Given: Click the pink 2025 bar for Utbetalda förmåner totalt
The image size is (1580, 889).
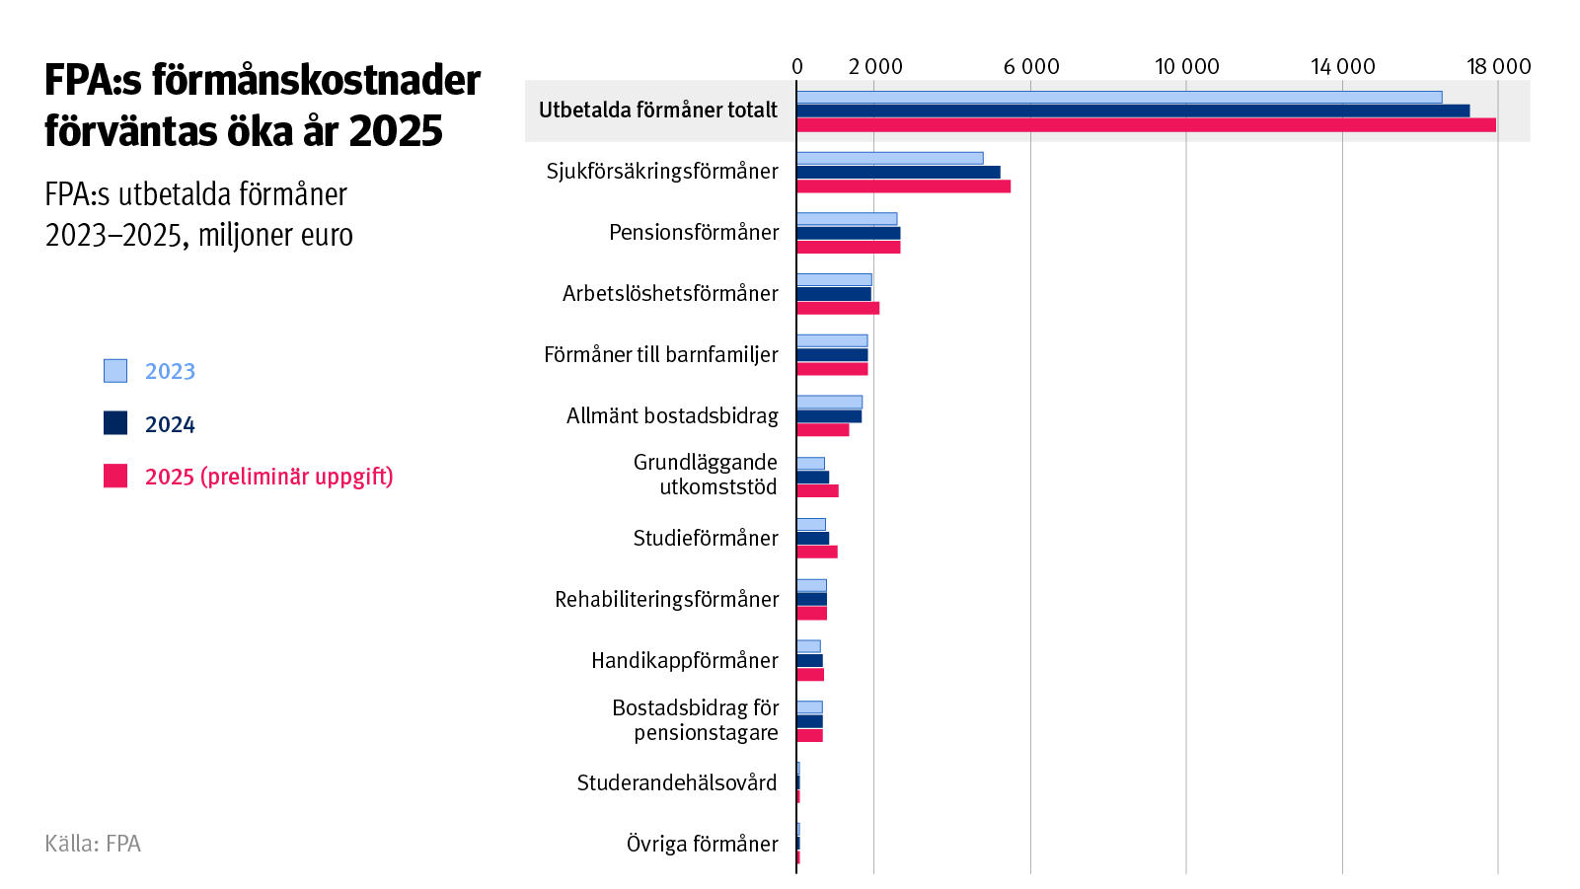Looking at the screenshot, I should point(1145,124).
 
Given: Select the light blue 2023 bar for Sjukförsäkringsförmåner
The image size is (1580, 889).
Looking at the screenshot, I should point(889,158).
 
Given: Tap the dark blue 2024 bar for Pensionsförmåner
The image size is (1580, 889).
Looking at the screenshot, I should point(848,233).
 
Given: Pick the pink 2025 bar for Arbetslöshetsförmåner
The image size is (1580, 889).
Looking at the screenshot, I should point(837,308).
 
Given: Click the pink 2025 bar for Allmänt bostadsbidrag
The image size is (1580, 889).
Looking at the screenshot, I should point(822,429).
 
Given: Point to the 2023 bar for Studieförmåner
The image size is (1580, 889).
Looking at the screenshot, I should point(810,524).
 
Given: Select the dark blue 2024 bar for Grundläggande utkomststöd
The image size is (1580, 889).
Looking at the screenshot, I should point(812,478).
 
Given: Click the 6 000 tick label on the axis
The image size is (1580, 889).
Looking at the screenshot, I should point(1030,66).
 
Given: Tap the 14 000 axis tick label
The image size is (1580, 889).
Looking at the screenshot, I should point(1342,66).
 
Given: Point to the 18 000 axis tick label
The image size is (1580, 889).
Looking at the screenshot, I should point(1497,66).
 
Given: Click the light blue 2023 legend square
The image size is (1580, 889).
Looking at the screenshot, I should point(115,371).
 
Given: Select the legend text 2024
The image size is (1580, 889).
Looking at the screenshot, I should point(170,424).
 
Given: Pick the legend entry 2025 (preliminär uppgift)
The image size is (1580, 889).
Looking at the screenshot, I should point(268,477).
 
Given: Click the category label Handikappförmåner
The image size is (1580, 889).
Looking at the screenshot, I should point(684,660).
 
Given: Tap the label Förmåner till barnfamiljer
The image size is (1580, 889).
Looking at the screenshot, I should point(660,354).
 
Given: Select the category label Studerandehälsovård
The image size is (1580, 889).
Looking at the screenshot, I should point(677,782).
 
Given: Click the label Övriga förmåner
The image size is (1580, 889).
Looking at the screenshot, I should point(702,844).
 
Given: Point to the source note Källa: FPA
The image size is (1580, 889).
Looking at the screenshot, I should point(93,844).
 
